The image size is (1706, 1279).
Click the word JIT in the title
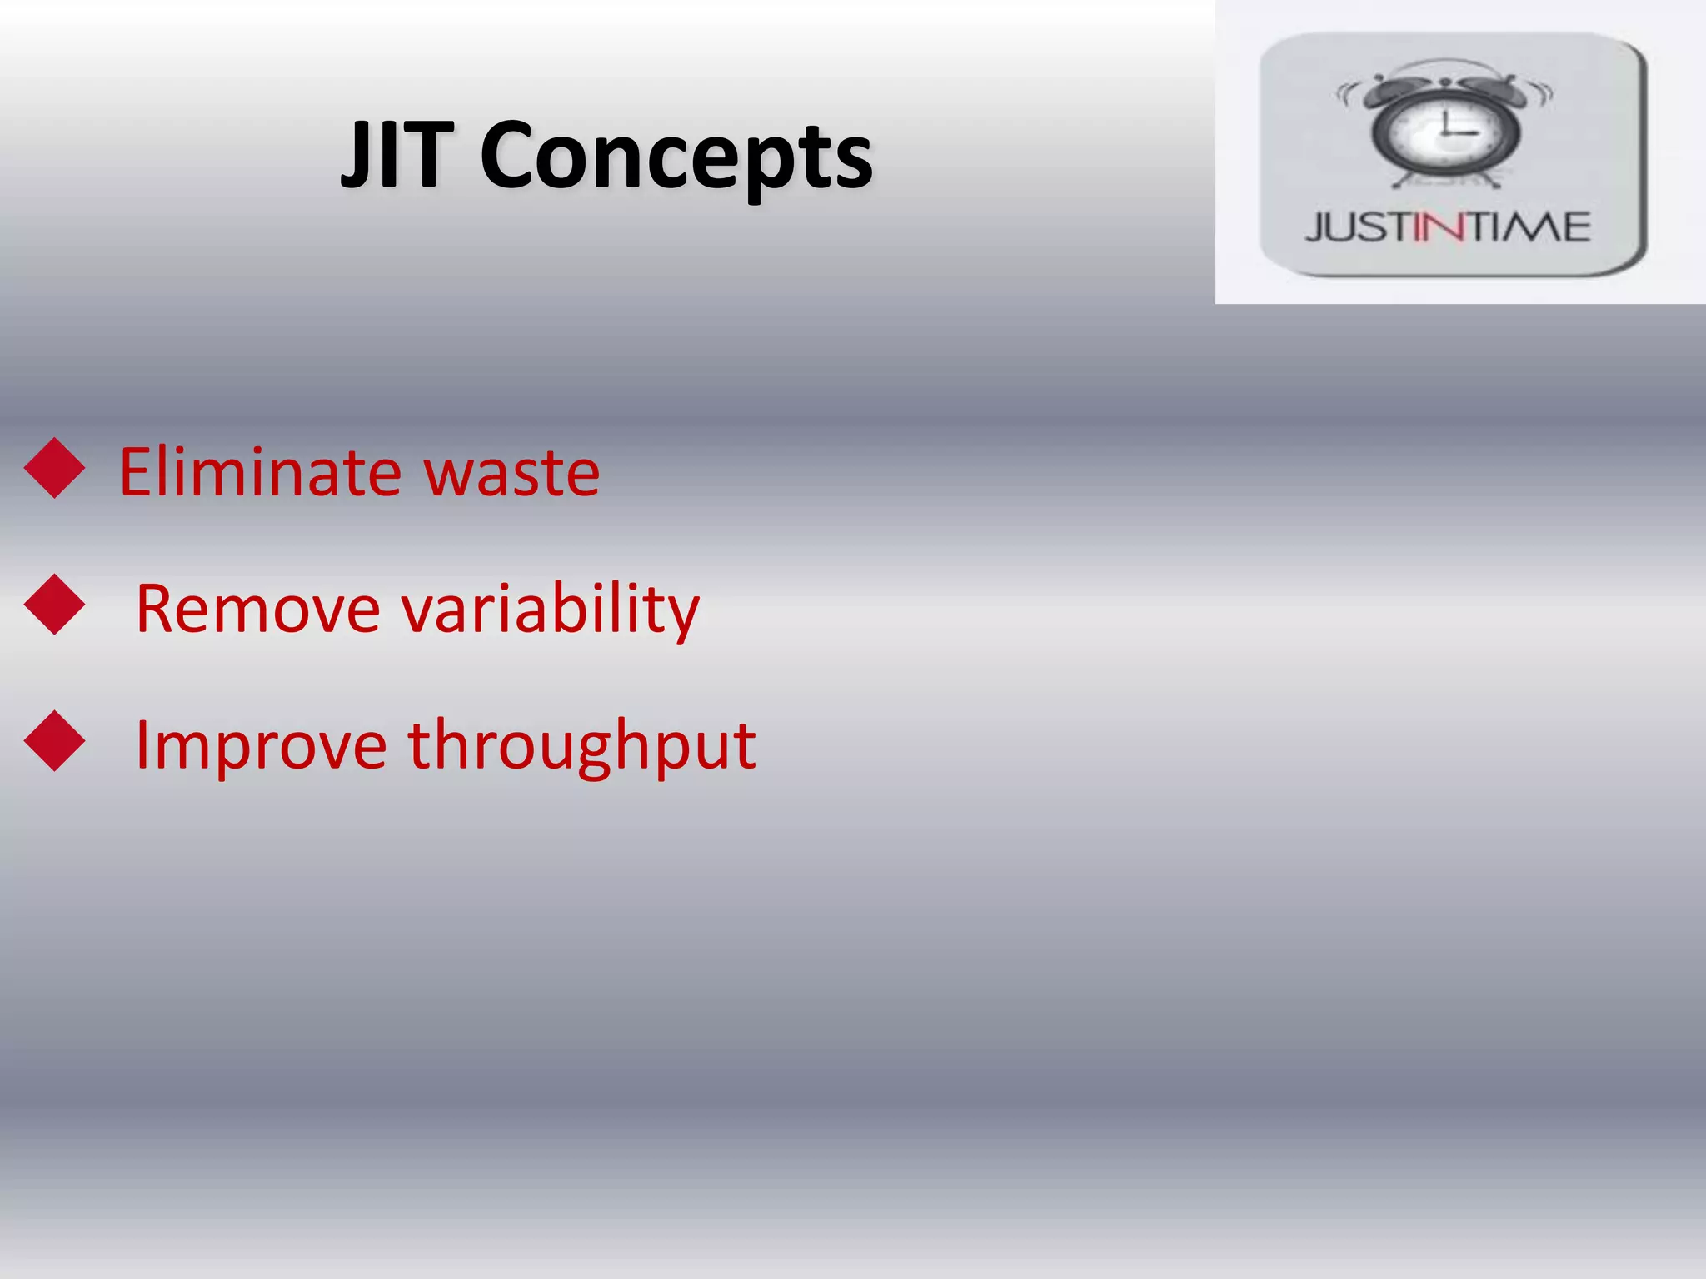(397, 155)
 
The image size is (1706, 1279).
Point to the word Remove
(258, 609)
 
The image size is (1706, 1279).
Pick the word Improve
(261, 746)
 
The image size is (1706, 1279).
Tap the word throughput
(581, 746)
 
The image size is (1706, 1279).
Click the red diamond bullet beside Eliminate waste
(55, 468)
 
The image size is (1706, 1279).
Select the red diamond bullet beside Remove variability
(55, 605)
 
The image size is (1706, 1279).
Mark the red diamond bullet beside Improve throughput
(55, 741)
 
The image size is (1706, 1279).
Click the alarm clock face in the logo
(1445, 132)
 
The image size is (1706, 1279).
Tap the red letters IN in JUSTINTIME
(1439, 227)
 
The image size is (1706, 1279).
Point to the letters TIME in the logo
(1529, 227)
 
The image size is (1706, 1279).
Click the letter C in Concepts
(510, 156)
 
